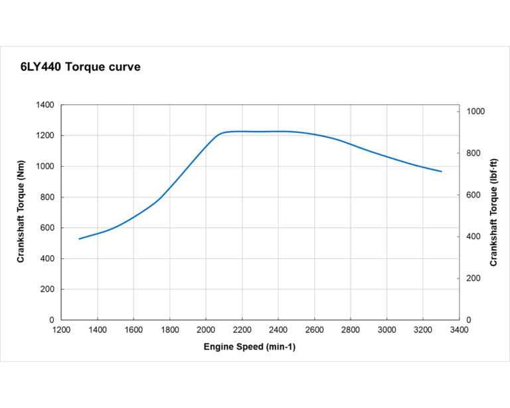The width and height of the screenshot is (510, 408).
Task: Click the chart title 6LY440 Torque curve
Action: (80, 67)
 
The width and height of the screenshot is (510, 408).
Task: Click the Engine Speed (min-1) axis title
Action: (250, 347)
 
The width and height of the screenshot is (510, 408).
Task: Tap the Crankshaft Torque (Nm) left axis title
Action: (21, 212)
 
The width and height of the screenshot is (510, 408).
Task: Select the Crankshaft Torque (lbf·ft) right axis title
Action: (493, 212)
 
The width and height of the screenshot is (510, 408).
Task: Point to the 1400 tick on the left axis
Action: (44, 105)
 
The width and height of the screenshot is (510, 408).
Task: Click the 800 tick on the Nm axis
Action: (47, 197)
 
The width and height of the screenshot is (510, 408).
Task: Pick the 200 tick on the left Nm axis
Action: (47, 290)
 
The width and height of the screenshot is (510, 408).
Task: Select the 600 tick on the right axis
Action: (472, 195)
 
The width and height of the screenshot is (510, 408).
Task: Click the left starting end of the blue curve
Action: (80, 239)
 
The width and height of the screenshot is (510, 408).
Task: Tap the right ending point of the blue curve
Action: (441, 171)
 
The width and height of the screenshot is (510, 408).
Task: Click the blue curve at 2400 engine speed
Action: (278, 131)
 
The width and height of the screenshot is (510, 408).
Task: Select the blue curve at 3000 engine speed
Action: (386, 157)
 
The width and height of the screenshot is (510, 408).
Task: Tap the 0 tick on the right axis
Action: (467, 320)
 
